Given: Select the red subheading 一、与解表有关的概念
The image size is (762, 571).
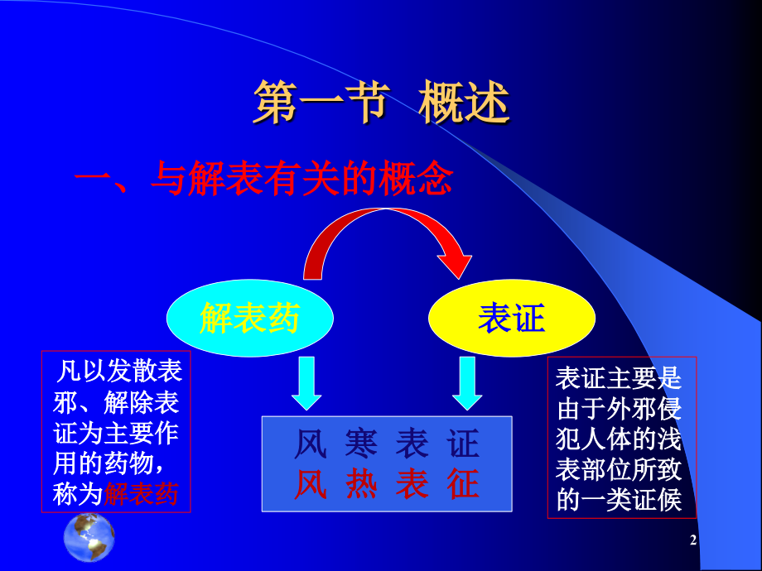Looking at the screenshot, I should (263, 178).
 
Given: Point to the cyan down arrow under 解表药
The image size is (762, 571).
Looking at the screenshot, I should (306, 382).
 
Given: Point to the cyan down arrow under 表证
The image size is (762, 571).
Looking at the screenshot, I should (467, 382).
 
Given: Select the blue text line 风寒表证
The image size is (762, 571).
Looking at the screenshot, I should (387, 444).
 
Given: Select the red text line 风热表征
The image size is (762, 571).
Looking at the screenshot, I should (387, 484).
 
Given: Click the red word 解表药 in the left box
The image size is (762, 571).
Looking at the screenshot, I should (141, 494).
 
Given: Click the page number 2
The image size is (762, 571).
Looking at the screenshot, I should (693, 541).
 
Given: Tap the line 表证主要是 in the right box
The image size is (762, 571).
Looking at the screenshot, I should (619, 378).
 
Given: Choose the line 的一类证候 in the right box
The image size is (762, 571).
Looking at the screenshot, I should (619, 501).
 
